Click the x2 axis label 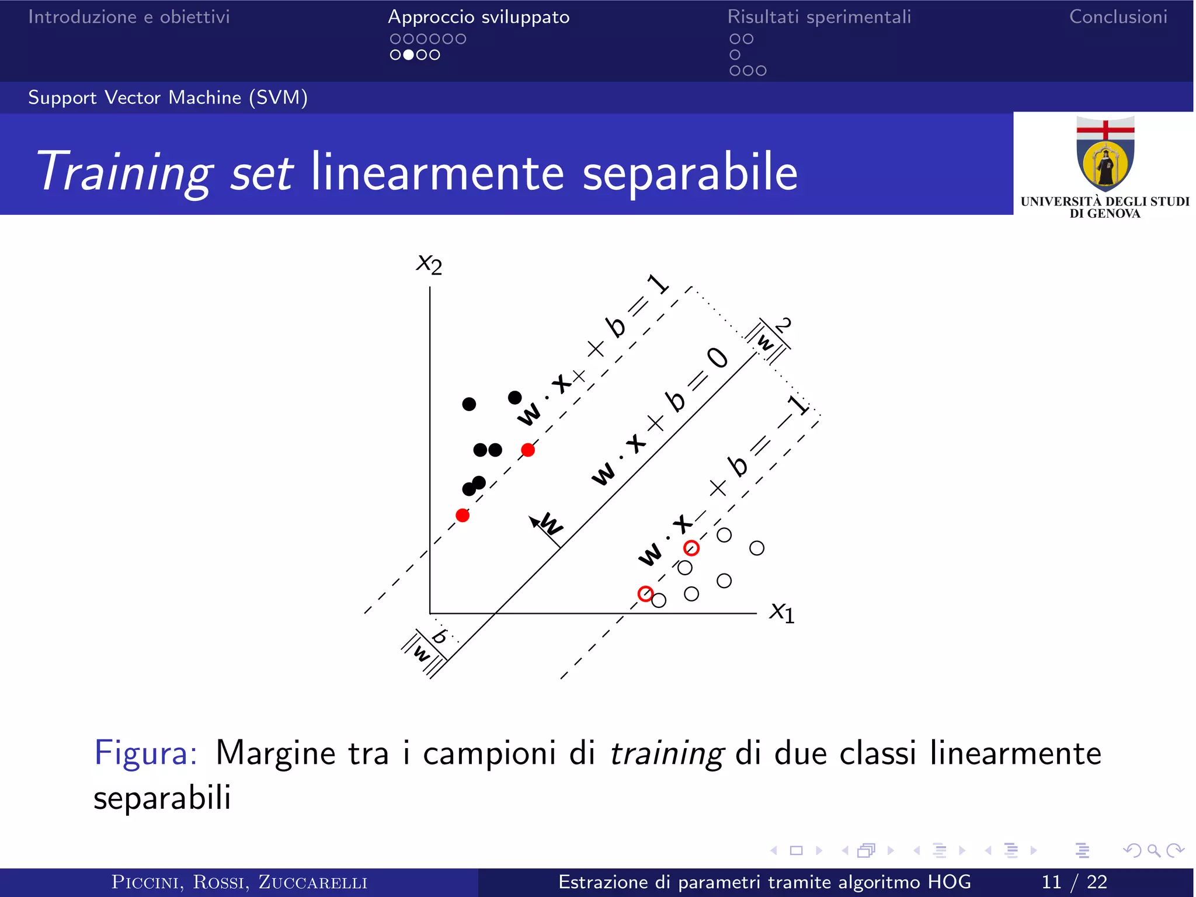429,265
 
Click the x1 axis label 782,613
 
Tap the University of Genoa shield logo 1105,155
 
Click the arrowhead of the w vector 533,520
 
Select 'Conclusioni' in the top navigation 1118,17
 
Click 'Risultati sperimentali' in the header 819,17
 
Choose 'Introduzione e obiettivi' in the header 129,17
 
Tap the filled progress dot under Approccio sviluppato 409,55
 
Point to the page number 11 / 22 1074,882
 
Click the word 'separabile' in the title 690,172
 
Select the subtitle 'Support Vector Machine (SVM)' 168,98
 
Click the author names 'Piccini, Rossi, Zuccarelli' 239,882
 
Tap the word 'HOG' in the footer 949,882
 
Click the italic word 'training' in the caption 666,753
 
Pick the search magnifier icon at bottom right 1153,851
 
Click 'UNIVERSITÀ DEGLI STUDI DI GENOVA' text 1104,207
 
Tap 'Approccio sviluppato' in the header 479,17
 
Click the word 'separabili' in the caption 162,798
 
